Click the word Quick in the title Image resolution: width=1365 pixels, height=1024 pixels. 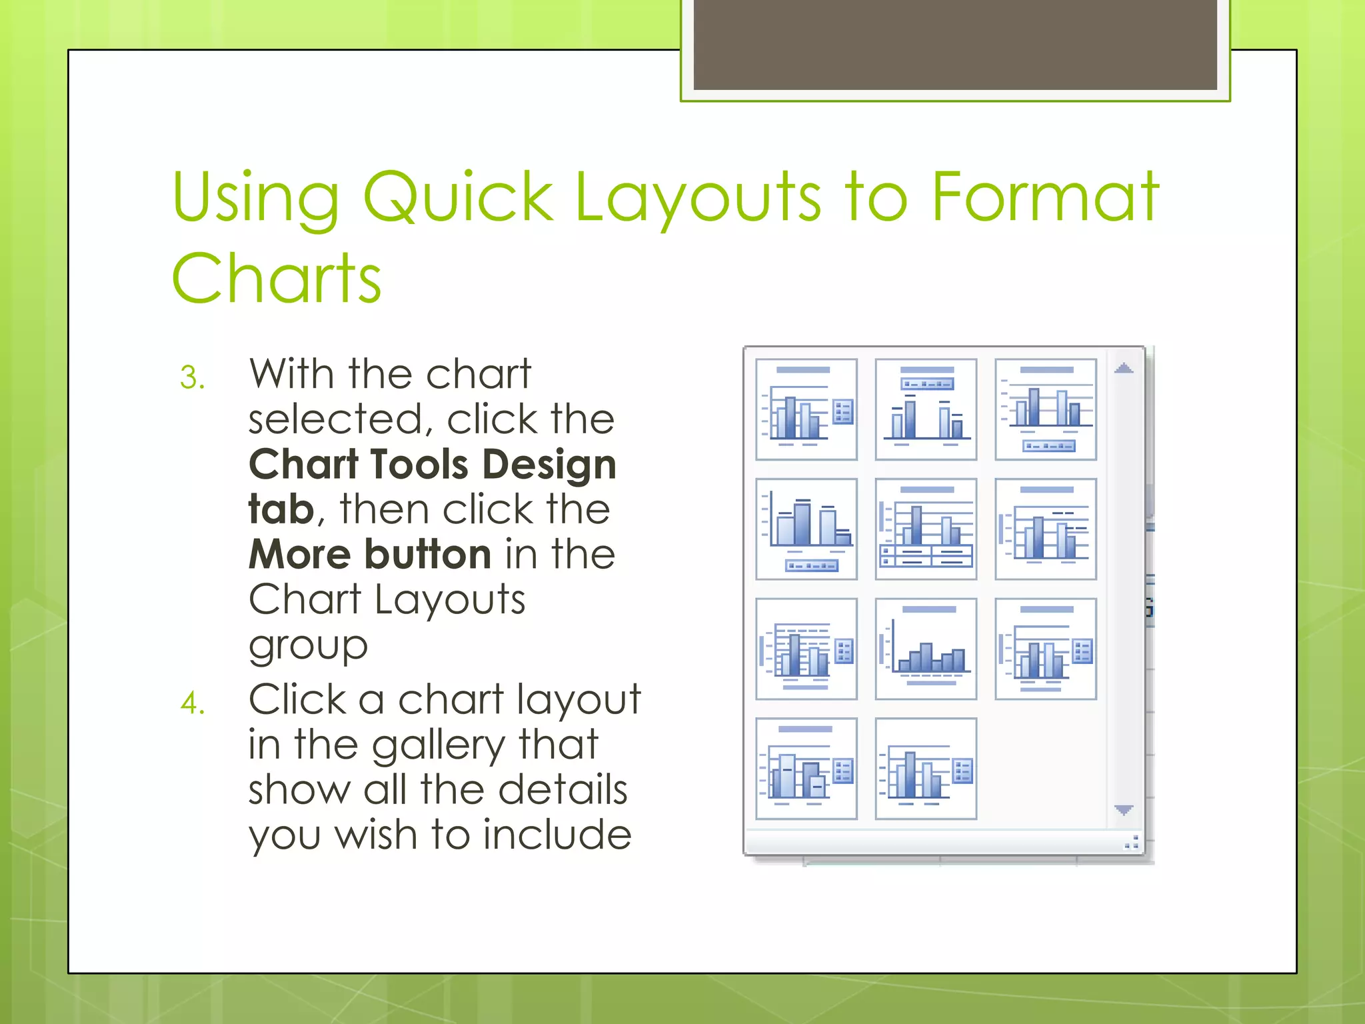pos(458,197)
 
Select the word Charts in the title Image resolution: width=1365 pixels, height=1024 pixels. pos(276,279)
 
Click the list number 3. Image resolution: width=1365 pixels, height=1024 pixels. pos(192,378)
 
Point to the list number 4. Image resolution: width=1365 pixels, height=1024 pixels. pos(192,704)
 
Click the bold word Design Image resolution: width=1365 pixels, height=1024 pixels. pos(549,465)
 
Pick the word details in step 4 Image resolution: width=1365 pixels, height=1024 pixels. pos(563,790)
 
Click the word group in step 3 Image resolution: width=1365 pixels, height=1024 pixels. pos(307,645)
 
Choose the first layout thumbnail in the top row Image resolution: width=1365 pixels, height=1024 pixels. pos(806,409)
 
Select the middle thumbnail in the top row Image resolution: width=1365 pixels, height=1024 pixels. pos(926,409)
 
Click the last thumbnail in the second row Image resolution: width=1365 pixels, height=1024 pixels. pos(1045,529)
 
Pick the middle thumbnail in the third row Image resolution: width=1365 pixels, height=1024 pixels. pos(926,649)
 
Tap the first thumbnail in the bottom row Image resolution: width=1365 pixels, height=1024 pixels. pos(806,768)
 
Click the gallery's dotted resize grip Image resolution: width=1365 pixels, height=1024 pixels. pos(1131,842)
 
